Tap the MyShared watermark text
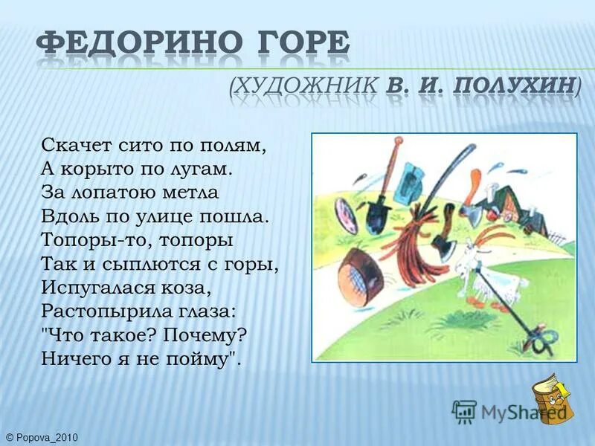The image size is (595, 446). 513,411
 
